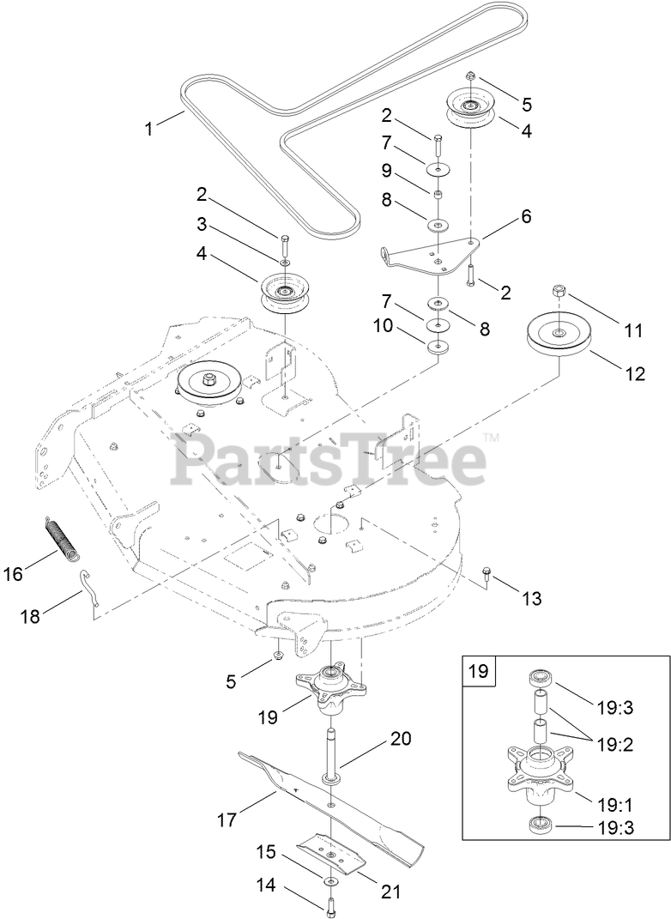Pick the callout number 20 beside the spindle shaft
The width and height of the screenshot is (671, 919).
pos(402,739)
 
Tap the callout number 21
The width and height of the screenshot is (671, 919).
pos(391,892)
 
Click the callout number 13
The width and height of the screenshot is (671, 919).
pos(532,598)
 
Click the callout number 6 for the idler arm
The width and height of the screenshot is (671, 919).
pos(526,216)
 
